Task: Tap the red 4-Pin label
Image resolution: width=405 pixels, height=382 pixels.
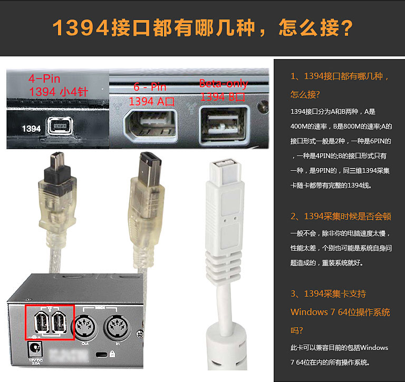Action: click(44, 79)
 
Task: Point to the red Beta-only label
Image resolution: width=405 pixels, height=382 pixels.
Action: click(223, 83)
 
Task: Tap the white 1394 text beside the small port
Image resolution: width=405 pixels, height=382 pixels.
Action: click(31, 128)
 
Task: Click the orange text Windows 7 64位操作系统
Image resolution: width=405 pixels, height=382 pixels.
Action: click(340, 312)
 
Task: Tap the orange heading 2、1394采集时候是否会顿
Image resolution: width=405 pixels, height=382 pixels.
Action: click(340, 217)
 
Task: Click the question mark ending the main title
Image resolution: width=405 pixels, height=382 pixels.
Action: click(343, 28)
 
